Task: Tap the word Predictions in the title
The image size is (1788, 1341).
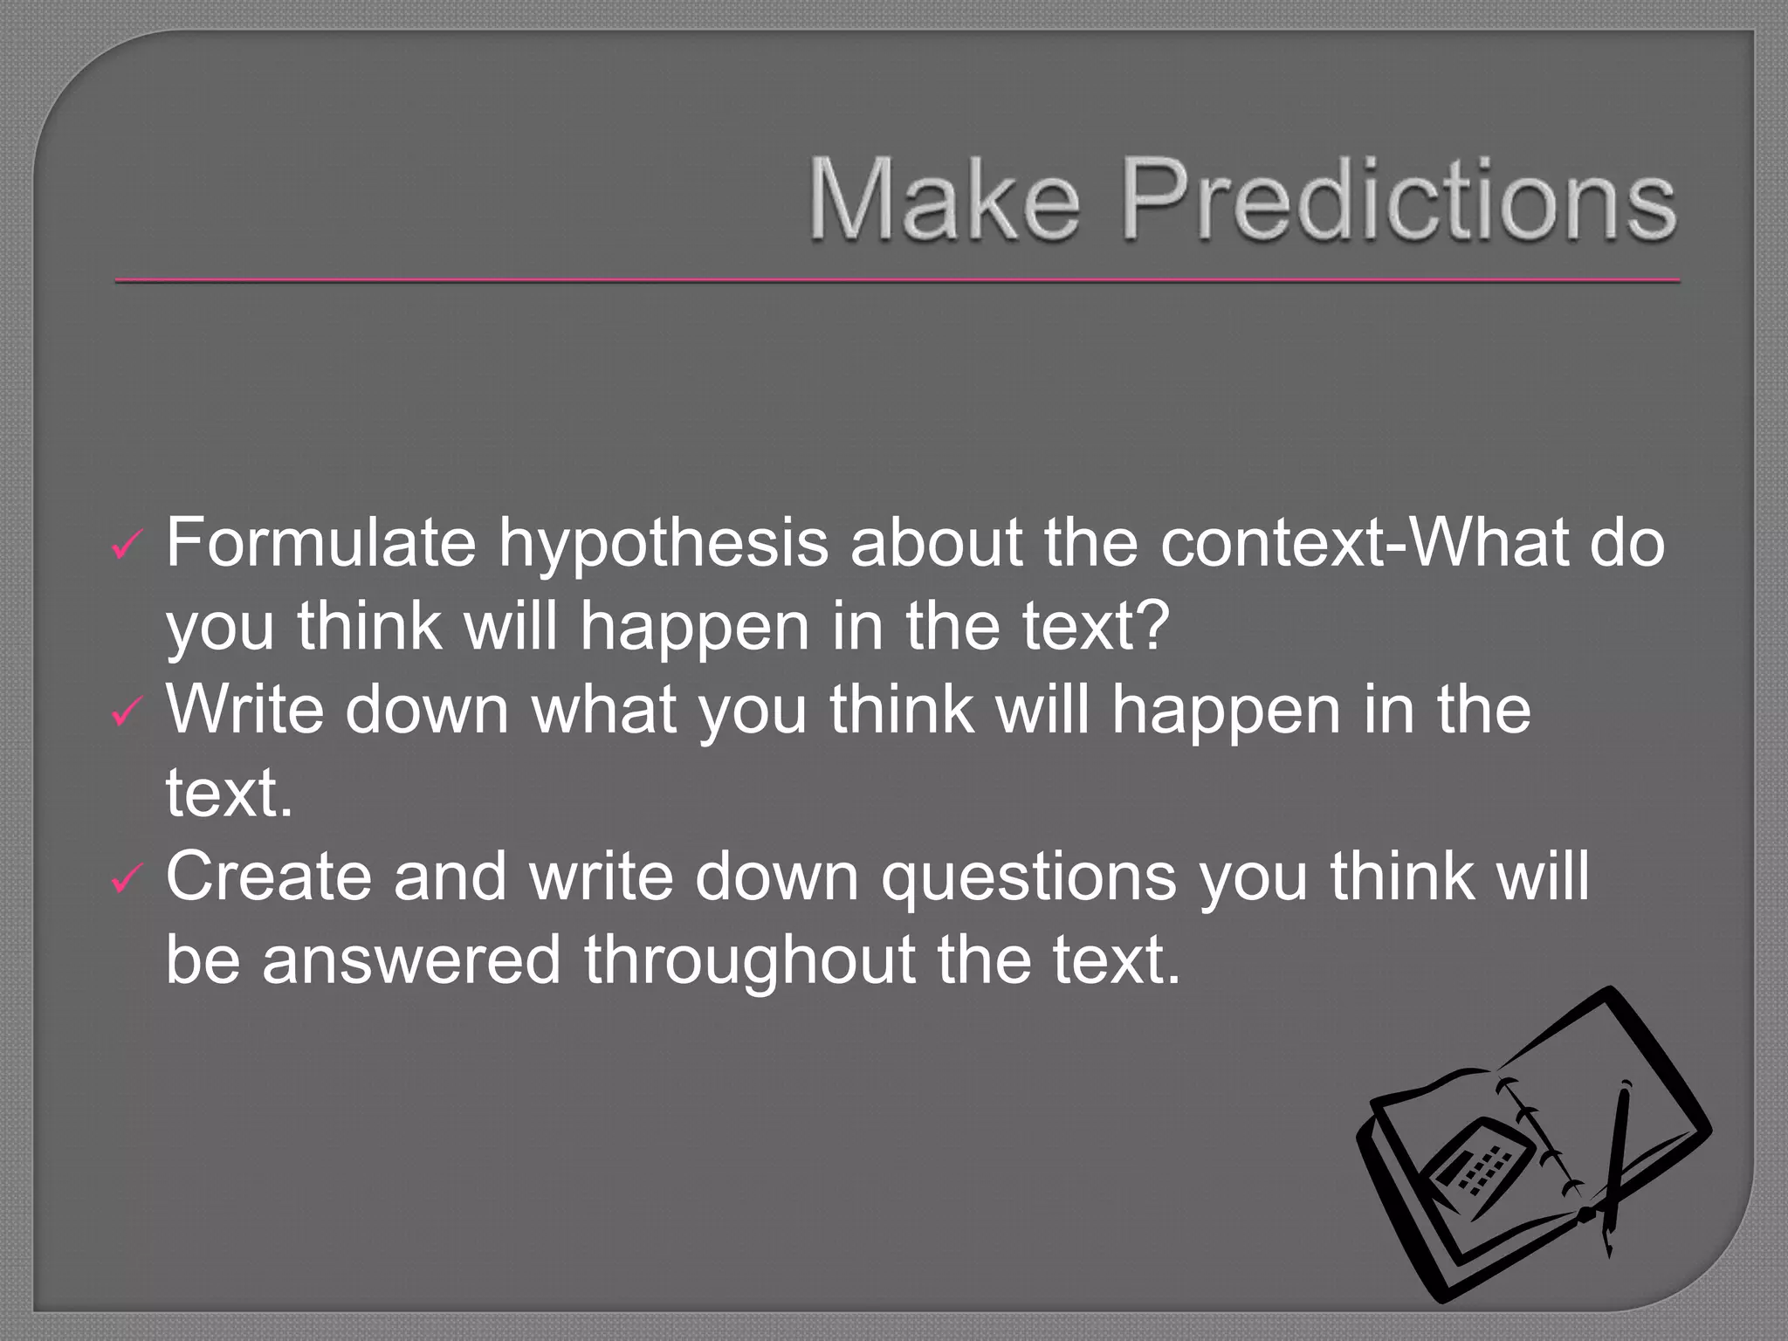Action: click(1399, 198)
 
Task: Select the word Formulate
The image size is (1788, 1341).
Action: click(320, 543)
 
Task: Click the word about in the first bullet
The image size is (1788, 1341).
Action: click(936, 543)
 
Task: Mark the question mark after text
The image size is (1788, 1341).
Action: click(1153, 626)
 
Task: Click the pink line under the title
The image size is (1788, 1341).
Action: click(897, 280)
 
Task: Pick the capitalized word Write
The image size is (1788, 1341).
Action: click(244, 709)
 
